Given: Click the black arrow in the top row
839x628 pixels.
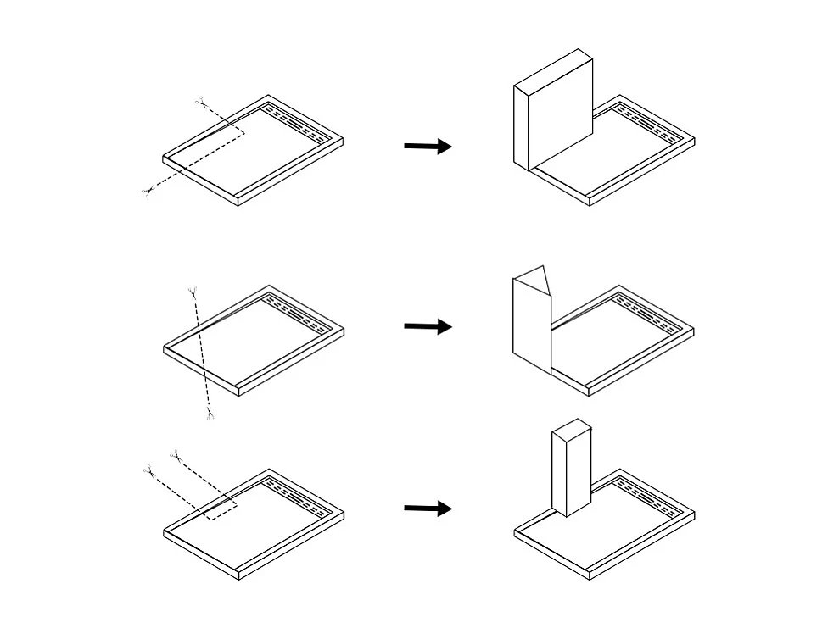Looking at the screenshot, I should click(428, 146).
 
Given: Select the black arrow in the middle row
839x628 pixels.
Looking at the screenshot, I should click(428, 326).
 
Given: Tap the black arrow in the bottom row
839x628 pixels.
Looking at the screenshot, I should click(428, 509).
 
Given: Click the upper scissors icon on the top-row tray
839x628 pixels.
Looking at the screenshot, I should click(200, 103).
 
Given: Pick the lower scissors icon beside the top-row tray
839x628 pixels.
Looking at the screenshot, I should click(148, 192).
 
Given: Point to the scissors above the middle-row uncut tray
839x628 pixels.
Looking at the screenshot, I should click(193, 293).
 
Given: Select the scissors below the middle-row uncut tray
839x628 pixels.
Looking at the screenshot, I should click(209, 414).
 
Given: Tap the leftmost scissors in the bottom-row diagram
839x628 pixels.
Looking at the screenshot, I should click(148, 469).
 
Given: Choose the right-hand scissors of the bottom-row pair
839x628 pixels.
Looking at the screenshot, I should click(175, 456).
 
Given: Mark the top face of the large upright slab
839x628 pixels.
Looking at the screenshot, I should click(552, 68).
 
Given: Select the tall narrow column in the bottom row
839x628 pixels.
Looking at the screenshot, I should click(570, 470).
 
